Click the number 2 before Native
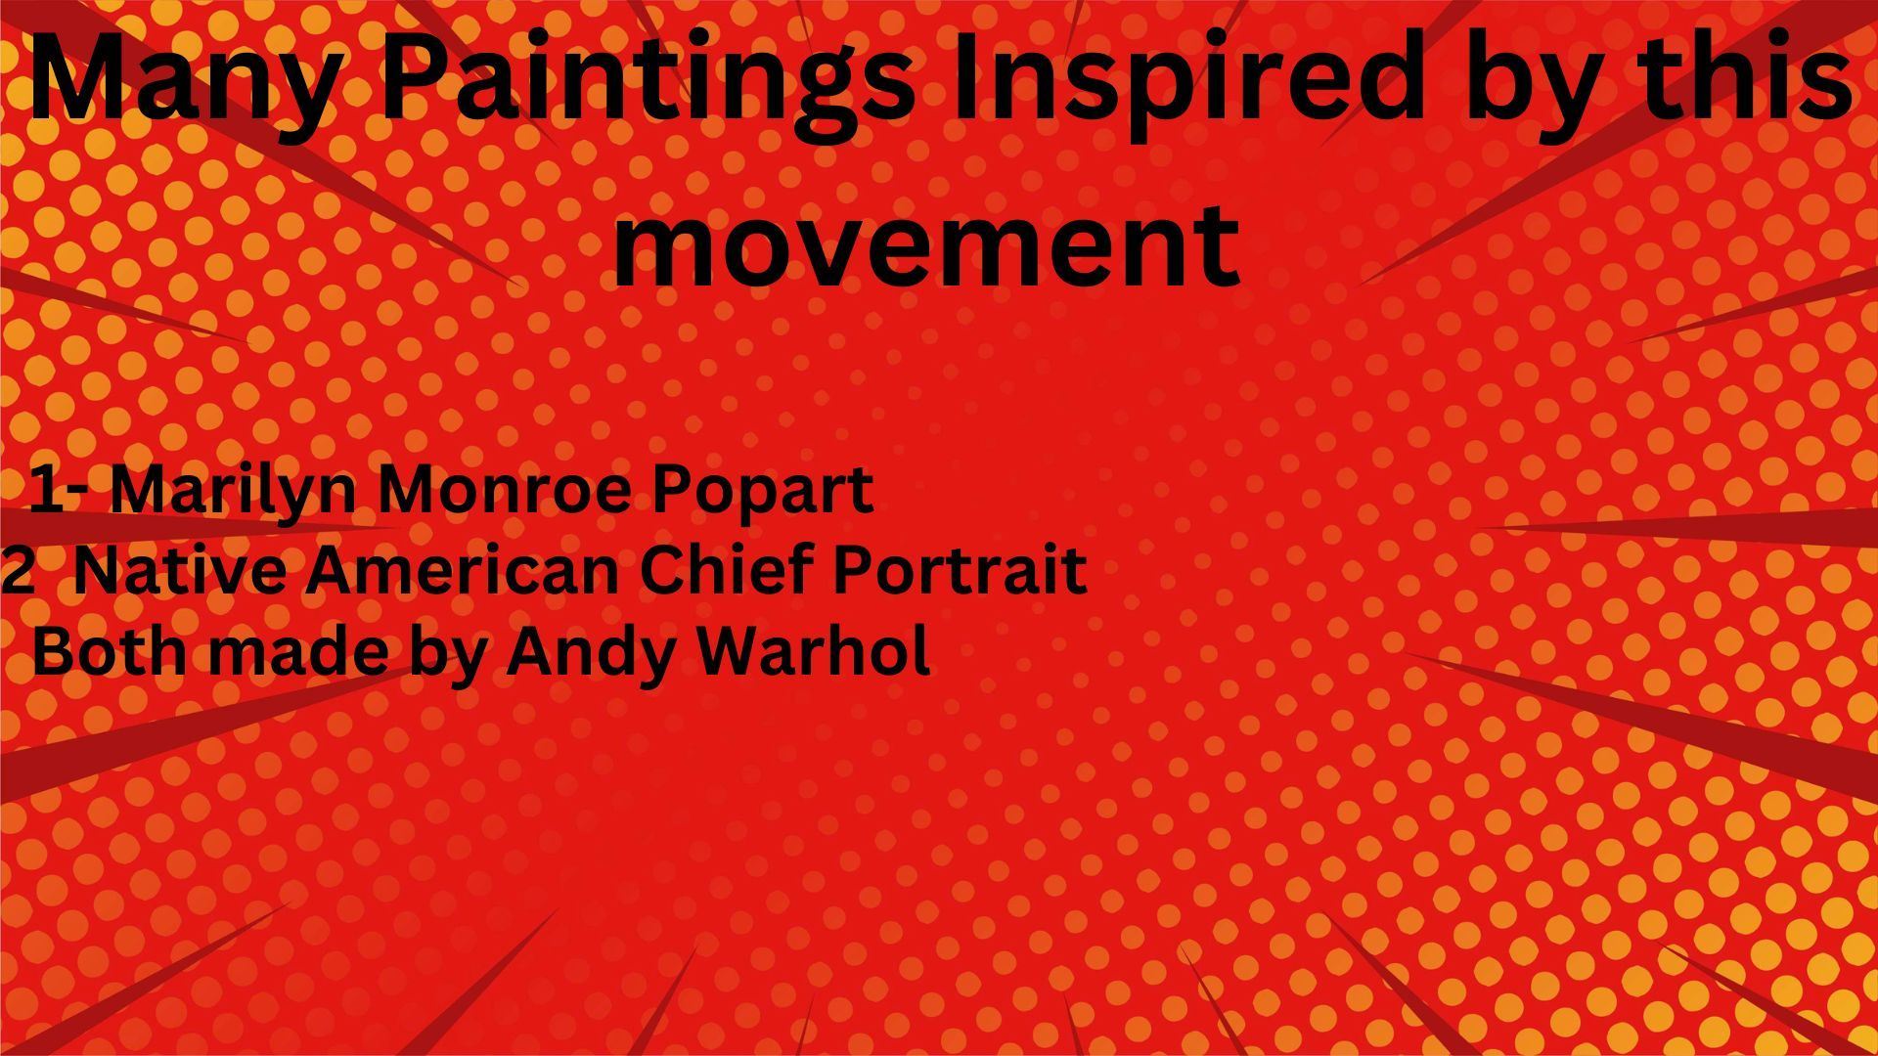[17, 571]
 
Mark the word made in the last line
[298, 650]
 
